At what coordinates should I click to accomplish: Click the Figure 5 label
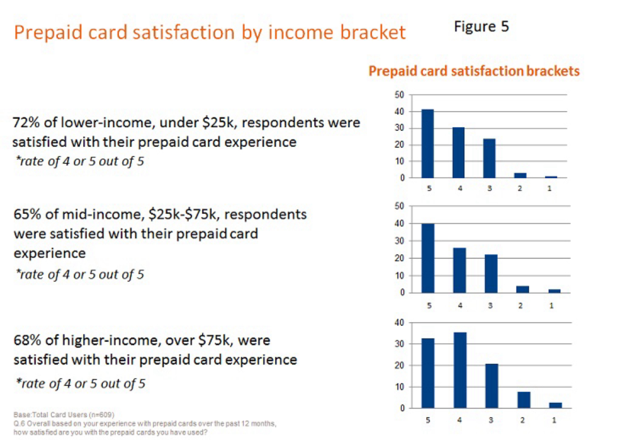click(481, 26)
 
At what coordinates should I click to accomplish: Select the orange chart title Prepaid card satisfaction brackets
click(474, 71)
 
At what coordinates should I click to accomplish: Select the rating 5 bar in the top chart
click(427, 143)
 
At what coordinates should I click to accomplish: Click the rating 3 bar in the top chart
click(489, 158)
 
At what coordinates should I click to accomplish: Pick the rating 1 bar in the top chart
click(551, 176)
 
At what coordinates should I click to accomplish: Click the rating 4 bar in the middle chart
click(459, 270)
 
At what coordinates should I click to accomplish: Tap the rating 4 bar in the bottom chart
click(459, 370)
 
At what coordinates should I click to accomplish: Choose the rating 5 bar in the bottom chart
click(428, 373)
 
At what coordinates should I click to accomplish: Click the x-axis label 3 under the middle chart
click(491, 306)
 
